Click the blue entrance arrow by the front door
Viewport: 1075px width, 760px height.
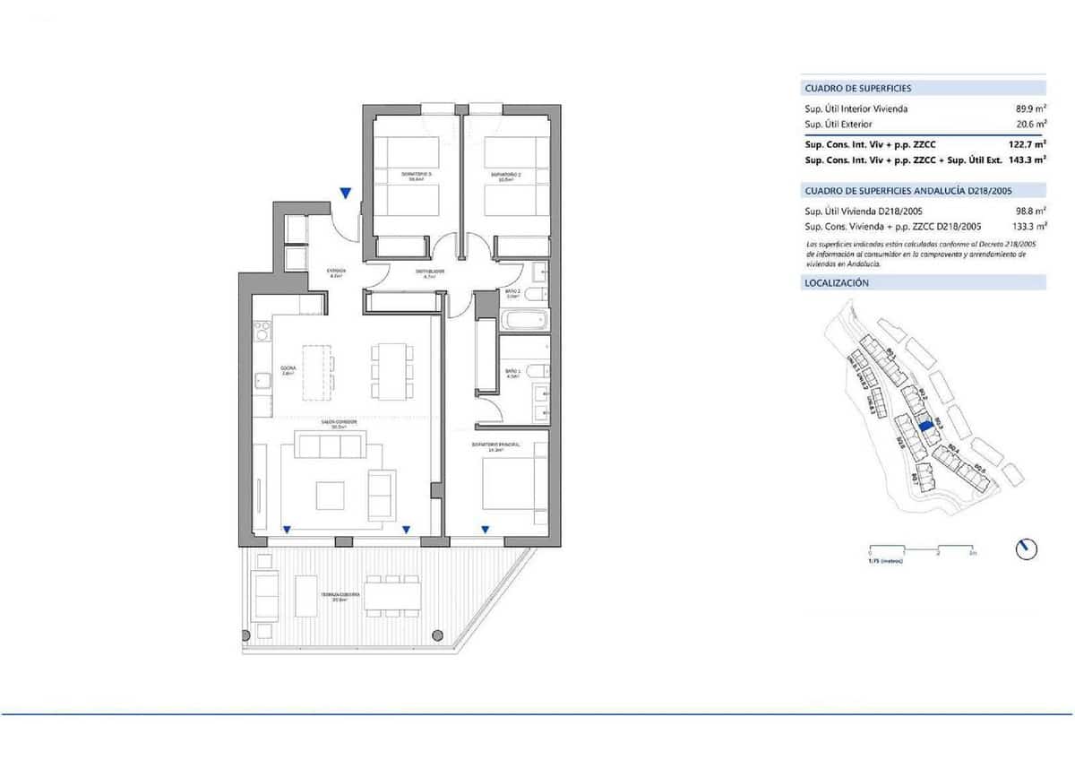click(x=346, y=193)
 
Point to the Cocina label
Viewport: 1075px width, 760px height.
click(x=288, y=369)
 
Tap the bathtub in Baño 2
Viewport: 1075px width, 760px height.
click(x=522, y=319)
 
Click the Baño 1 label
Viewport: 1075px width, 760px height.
click(x=513, y=374)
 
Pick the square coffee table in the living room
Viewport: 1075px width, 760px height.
click(x=329, y=495)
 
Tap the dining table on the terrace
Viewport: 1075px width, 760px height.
click(x=392, y=596)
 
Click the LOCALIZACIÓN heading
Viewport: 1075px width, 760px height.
click(x=837, y=282)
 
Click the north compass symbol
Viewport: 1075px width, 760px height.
click(x=1027, y=548)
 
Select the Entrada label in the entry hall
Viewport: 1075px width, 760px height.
click(x=335, y=273)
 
